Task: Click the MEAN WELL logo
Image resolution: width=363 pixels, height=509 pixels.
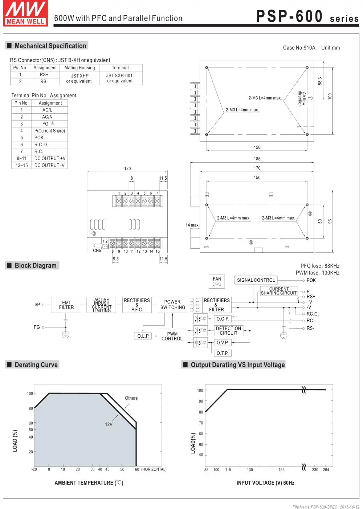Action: click(25, 14)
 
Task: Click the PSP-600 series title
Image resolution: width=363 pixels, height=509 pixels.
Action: click(307, 17)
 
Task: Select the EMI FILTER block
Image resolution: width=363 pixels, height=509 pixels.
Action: click(66, 305)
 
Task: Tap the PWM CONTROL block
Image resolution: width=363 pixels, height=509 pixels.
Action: click(172, 336)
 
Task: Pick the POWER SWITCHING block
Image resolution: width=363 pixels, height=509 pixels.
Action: click(172, 305)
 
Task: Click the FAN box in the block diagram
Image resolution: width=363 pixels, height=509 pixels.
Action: click(217, 281)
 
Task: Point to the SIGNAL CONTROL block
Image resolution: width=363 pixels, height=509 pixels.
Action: click(256, 280)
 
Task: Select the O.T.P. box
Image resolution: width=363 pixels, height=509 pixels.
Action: click(222, 353)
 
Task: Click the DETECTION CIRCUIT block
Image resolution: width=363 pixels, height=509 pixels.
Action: click(228, 331)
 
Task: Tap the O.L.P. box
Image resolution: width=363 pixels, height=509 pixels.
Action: click(143, 336)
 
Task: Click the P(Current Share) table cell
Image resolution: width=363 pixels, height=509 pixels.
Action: click(50, 131)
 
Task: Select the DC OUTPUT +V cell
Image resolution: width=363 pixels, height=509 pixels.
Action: click(50, 158)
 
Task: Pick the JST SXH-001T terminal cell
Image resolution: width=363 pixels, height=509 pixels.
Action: click(121, 78)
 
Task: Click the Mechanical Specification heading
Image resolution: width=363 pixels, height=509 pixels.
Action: click(50, 46)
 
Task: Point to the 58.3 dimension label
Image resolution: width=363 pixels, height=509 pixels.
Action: click(320, 81)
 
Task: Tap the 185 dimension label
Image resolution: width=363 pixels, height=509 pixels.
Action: click(257, 159)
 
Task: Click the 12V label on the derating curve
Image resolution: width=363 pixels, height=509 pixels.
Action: click(109, 424)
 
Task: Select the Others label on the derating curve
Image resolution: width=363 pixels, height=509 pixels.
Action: click(131, 398)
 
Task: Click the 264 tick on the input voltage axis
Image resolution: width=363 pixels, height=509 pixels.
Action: click(326, 470)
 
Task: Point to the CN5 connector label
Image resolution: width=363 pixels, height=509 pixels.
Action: click(97, 251)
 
